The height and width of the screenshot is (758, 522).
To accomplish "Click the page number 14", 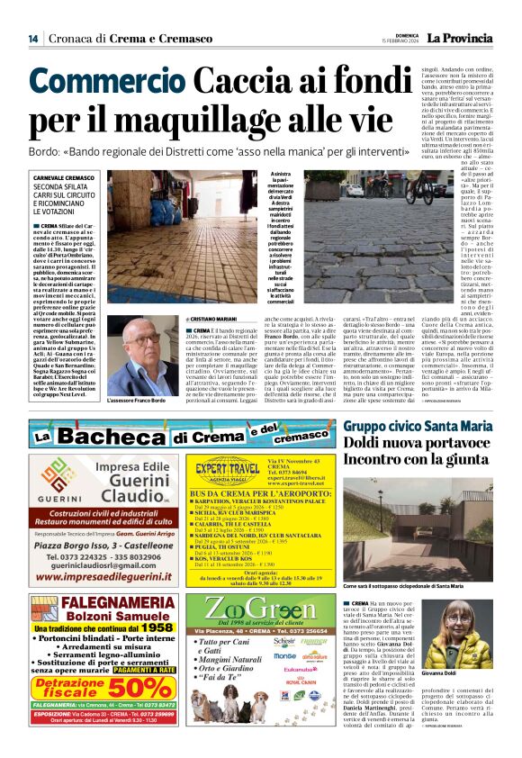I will point(32,39).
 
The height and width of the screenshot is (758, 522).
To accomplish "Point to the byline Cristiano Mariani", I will point(211,320).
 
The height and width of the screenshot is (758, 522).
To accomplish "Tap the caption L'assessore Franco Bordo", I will point(138,400).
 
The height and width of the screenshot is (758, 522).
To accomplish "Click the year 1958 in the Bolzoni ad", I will point(158,627).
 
